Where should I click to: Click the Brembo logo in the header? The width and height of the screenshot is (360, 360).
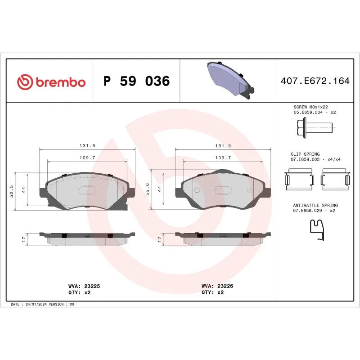pyautogui.click(x=51, y=82)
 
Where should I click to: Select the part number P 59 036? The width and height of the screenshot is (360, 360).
pyautogui.click(x=136, y=81)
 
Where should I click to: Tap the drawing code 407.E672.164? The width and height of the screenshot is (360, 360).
pyautogui.click(x=315, y=81)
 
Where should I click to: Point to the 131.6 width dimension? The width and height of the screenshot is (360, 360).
pyautogui.click(x=87, y=146)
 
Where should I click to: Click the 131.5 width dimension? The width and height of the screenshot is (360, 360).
pyautogui.click(x=223, y=146)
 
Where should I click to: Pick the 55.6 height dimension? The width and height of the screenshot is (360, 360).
pyautogui.click(x=147, y=191)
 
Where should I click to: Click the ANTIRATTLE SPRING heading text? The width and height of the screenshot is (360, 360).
pyautogui.click(x=315, y=205)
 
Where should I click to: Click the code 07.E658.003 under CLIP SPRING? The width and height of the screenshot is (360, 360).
pyautogui.click(x=305, y=159)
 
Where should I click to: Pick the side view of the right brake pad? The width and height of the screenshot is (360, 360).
pyautogui.click(x=223, y=238)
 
